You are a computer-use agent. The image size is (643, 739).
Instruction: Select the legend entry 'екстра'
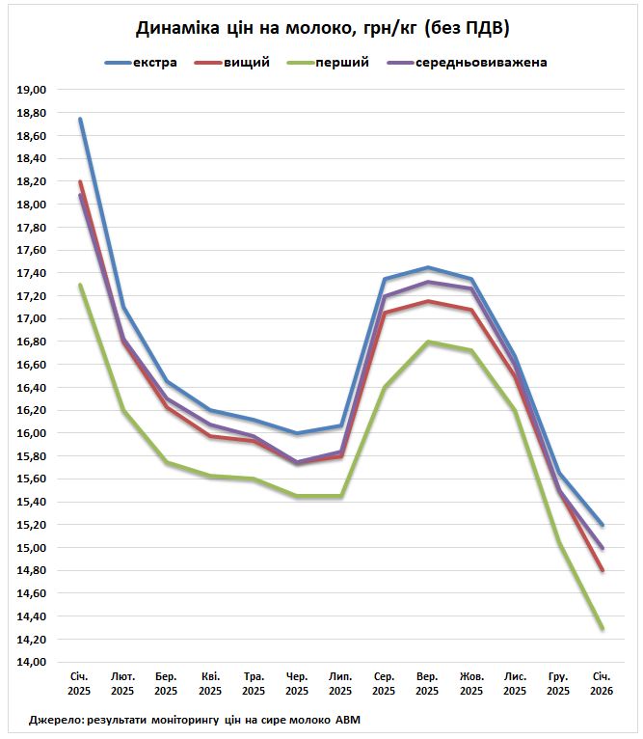click(154, 63)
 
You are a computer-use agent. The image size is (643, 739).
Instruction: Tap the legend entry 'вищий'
click(246, 63)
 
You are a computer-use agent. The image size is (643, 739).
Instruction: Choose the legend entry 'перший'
click(342, 63)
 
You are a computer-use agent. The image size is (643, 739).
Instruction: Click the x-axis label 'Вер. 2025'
click(427, 684)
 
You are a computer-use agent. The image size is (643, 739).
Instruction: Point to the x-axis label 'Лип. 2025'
click(340, 684)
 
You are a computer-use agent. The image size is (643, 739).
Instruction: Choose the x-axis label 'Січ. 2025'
click(80, 684)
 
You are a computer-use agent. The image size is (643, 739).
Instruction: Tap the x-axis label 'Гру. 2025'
click(558, 684)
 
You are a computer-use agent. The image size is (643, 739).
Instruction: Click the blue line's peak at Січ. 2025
click(80, 119)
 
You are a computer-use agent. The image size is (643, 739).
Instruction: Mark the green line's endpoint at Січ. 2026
click(602, 629)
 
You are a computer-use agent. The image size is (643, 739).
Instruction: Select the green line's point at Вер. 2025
click(427, 342)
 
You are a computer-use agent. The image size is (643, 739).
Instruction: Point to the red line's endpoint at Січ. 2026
click(602, 571)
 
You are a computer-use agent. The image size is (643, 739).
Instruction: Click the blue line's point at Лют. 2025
click(123, 308)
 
